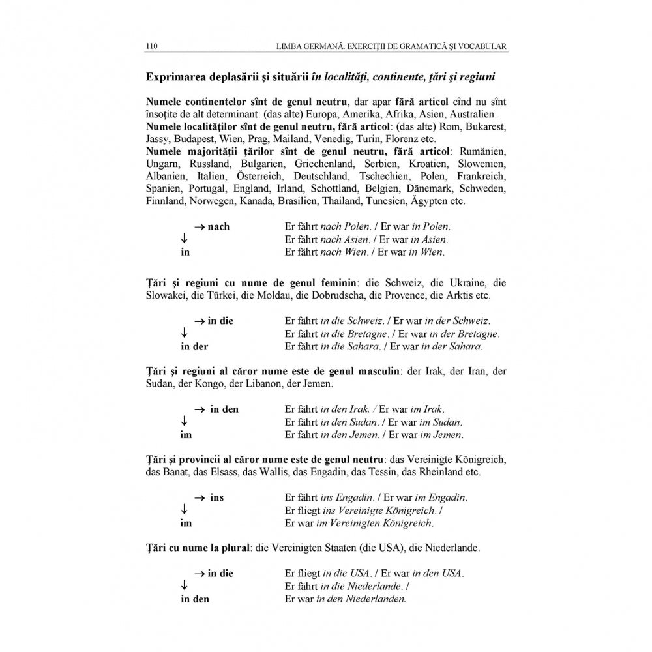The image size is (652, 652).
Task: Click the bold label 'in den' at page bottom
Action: (x=195, y=599)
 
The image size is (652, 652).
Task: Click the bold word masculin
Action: (x=374, y=372)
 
